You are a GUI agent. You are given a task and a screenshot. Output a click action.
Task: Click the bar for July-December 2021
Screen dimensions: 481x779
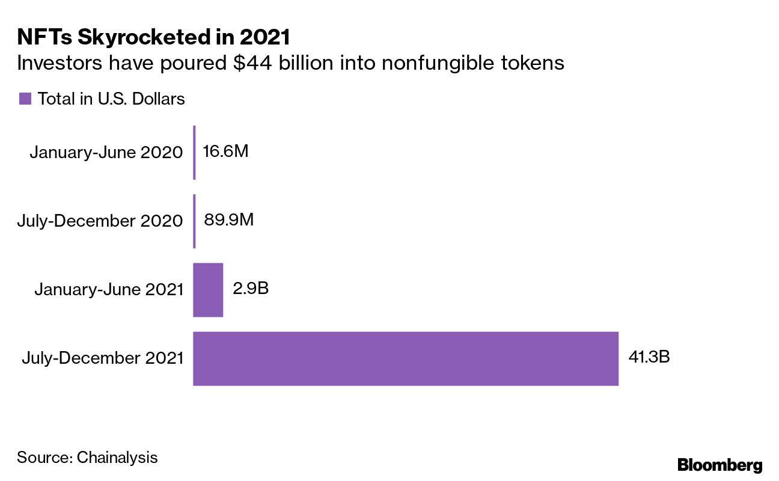pyautogui.click(x=406, y=358)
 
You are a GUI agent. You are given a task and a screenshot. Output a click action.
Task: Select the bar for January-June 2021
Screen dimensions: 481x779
pyautogui.click(x=208, y=290)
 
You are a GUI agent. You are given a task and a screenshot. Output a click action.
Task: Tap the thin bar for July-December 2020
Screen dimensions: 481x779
pyautogui.click(x=194, y=221)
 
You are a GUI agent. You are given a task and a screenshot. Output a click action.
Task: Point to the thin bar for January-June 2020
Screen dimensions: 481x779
pyautogui.click(x=194, y=153)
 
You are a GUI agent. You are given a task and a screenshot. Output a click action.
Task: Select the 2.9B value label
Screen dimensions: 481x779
pyautogui.click(x=250, y=289)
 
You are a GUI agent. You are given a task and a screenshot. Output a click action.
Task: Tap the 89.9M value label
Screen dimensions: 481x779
pyautogui.click(x=228, y=220)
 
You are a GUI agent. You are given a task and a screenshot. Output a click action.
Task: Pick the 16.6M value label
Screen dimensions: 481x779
pyautogui.click(x=225, y=152)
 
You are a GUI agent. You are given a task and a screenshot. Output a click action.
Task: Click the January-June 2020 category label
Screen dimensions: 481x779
pyautogui.click(x=106, y=153)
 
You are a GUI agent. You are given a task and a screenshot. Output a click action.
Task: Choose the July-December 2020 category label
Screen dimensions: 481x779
pyautogui.click(x=100, y=221)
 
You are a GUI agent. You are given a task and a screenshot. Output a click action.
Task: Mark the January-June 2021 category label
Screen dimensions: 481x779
pyautogui.click(x=109, y=290)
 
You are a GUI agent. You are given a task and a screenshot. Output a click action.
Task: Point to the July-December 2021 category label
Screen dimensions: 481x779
pyautogui.click(x=102, y=358)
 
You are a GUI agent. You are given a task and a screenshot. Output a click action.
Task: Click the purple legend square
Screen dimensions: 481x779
pyautogui.click(x=25, y=99)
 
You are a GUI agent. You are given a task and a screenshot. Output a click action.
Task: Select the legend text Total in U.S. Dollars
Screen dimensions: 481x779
pyautogui.click(x=111, y=99)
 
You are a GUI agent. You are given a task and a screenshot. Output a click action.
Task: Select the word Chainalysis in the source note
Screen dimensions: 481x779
pyautogui.click(x=118, y=457)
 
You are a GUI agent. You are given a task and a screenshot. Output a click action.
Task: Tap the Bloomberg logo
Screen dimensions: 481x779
pyautogui.click(x=719, y=465)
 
